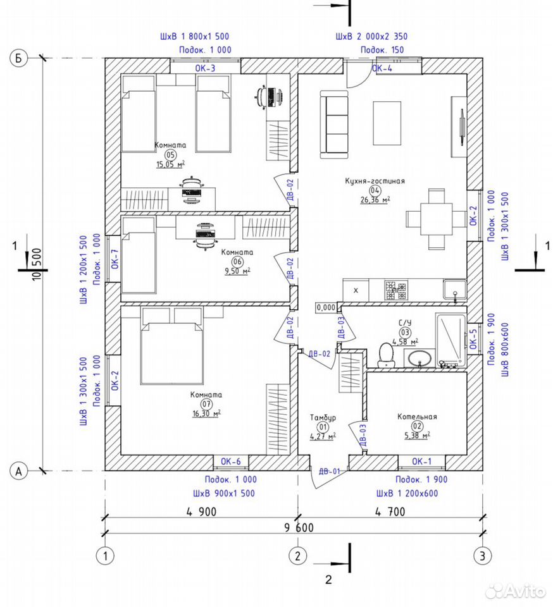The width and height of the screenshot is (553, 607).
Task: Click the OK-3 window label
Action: coord(205,68)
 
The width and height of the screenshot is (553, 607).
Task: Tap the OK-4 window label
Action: coord(382,68)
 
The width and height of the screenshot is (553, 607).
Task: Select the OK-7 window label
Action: coord(115,259)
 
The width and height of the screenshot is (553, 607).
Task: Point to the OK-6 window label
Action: coord(231,462)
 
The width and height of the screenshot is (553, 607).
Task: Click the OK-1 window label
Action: coord(422,462)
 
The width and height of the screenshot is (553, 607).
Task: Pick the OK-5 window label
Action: coord(473,339)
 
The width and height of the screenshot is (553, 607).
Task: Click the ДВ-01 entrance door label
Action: coord(330,471)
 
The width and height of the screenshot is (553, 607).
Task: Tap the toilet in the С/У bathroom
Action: coord(386,355)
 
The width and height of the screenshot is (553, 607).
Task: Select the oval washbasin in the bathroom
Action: coord(419,358)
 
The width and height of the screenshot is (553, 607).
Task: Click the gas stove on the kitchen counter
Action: coord(396,290)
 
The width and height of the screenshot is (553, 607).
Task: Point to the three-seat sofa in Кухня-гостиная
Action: coord(335,125)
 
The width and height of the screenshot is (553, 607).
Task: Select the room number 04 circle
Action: coord(375,190)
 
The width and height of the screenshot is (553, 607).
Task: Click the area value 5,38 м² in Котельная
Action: coord(417,436)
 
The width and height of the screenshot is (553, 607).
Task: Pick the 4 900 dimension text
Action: coord(201,512)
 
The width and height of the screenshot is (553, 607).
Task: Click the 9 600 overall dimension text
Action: coord(299,527)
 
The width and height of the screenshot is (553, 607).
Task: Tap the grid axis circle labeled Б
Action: coord(18,59)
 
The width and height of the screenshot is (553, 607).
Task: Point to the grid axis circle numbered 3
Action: coord(483,556)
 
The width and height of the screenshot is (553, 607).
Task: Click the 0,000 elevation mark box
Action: coord(326,307)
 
